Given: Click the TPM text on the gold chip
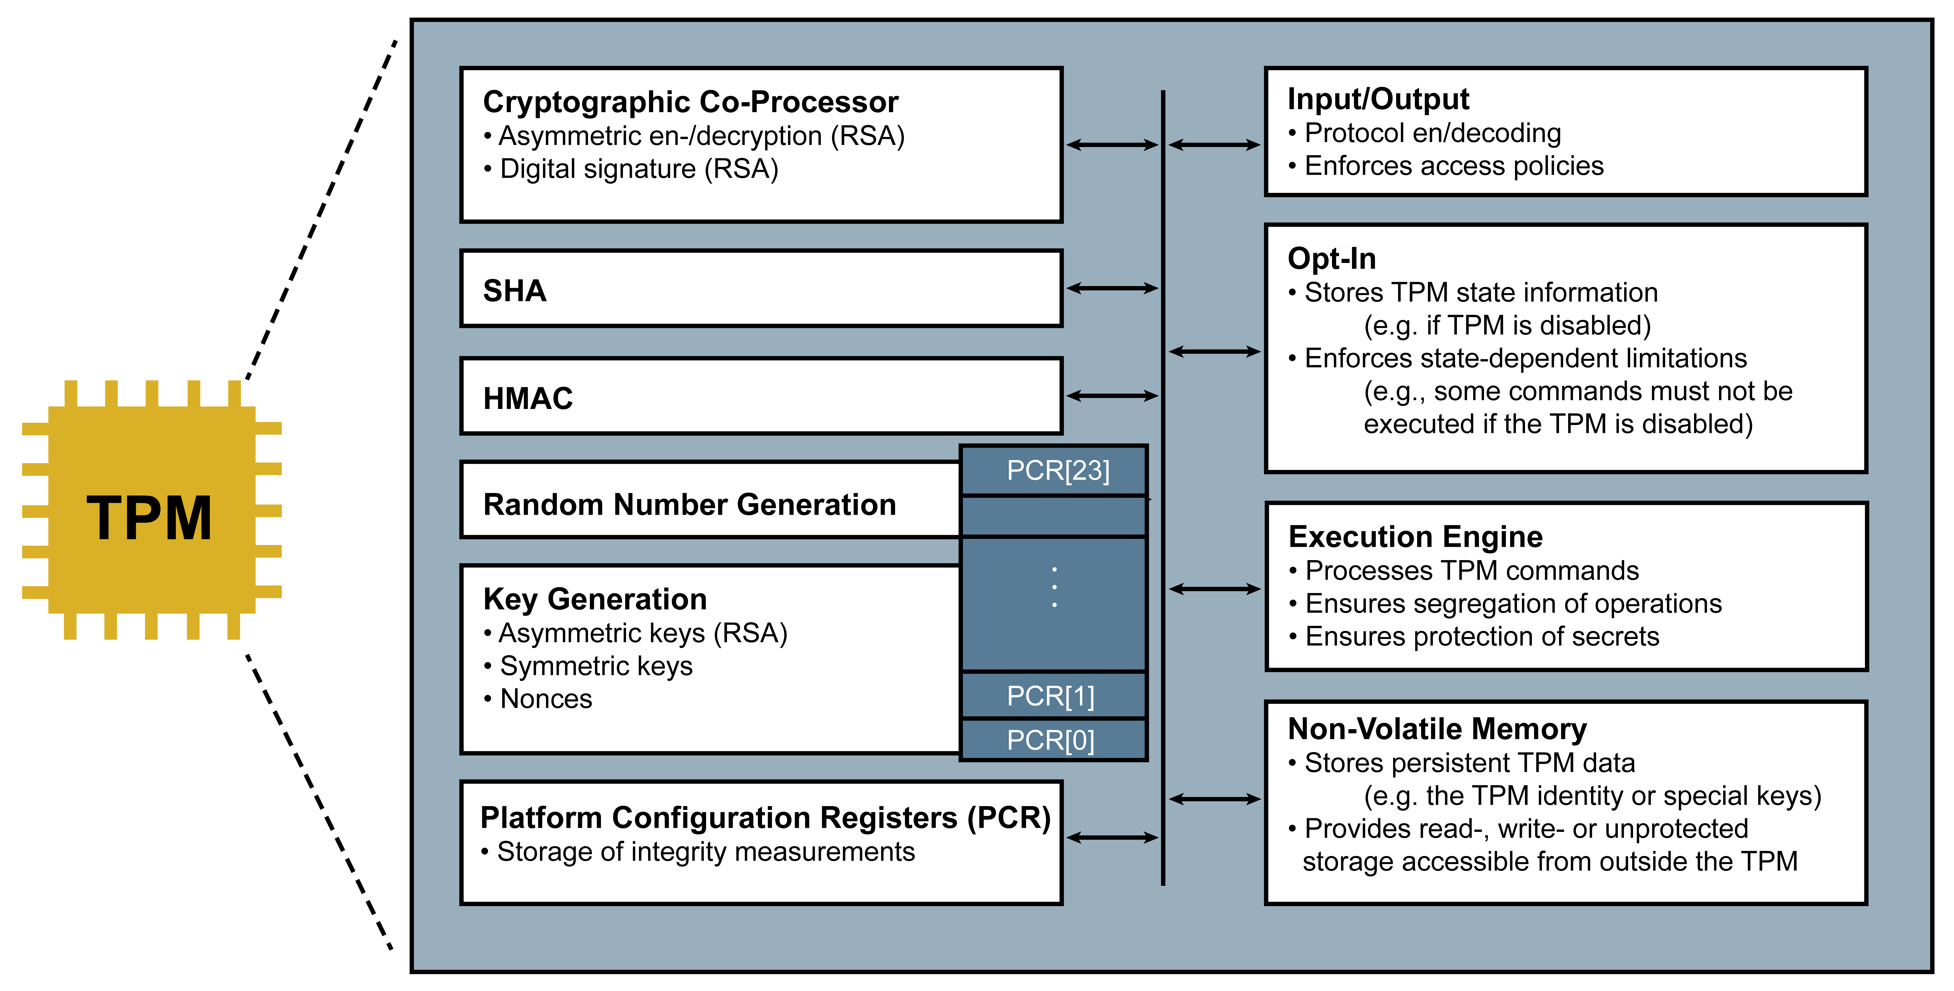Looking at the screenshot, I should (x=149, y=519).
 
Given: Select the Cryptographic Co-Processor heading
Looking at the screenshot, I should (x=690, y=102).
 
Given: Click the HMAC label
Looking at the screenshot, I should (x=528, y=398).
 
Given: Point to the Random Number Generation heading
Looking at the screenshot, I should (x=690, y=504).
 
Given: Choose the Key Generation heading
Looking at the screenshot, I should (x=595, y=599).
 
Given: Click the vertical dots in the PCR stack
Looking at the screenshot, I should (x=1054, y=588).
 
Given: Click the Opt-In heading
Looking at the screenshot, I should (x=1331, y=259).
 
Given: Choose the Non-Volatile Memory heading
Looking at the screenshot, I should (x=1437, y=729).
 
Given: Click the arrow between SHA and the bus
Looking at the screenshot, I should (x=1112, y=288).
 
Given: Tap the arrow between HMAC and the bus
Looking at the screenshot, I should (x=1112, y=396).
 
